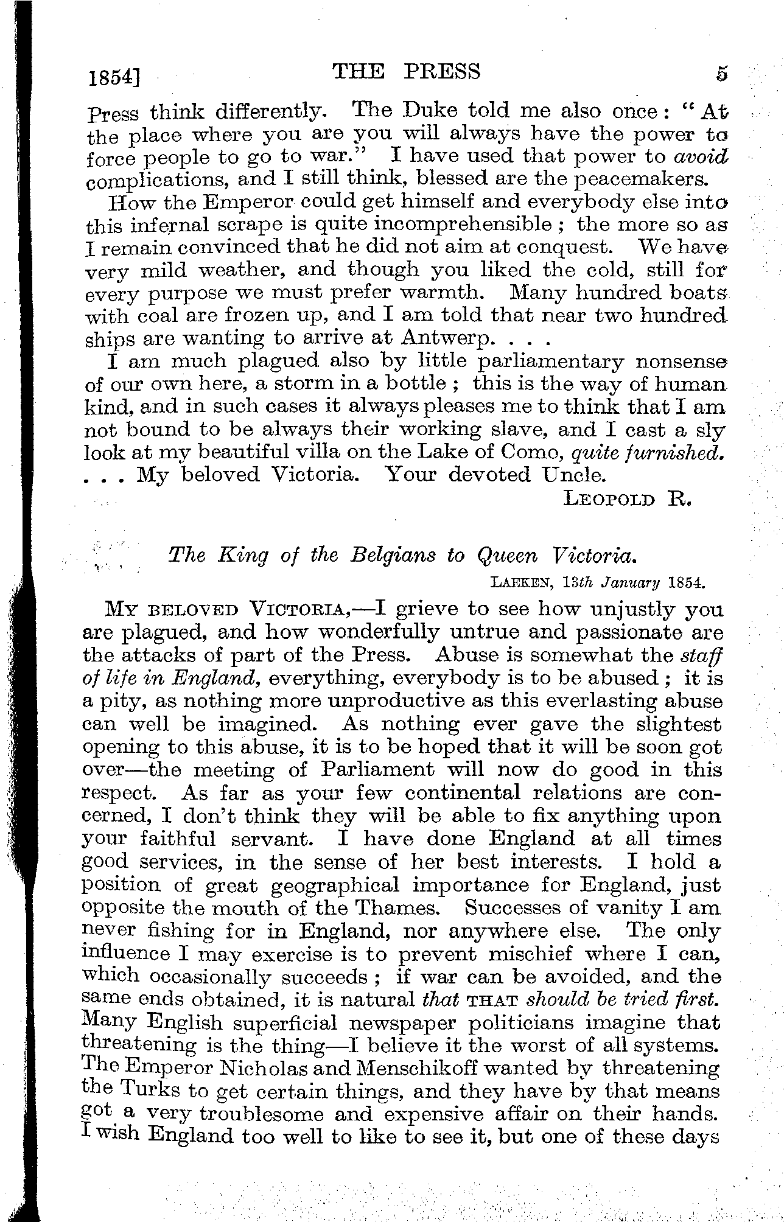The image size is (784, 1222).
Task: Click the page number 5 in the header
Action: pyautogui.click(x=721, y=74)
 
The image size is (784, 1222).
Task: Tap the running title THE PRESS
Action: pyautogui.click(x=407, y=72)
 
